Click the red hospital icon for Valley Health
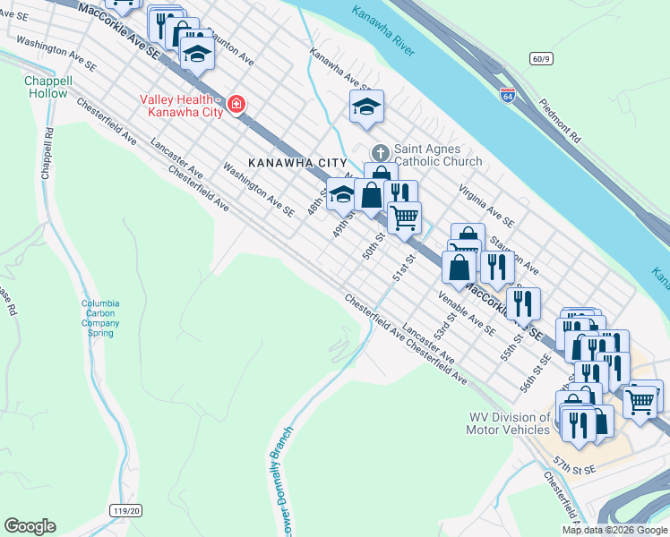click(236, 105)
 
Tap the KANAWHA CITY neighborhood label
click(297, 162)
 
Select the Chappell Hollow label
click(46, 87)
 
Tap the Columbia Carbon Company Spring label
click(100, 318)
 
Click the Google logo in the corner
click(30, 526)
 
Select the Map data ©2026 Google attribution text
click(614, 530)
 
